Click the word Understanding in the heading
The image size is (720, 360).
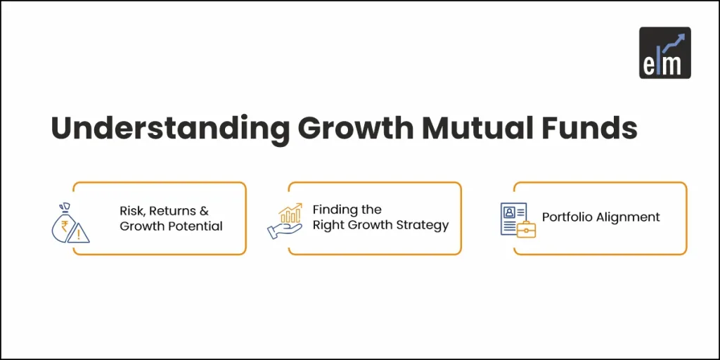pyautogui.click(x=169, y=129)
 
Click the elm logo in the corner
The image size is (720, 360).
pyautogui.click(x=664, y=52)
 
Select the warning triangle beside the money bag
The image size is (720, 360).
pyautogui.click(x=78, y=233)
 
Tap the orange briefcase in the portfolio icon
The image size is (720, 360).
pyautogui.click(x=526, y=229)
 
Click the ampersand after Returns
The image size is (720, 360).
pyautogui.click(x=204, y=211)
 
